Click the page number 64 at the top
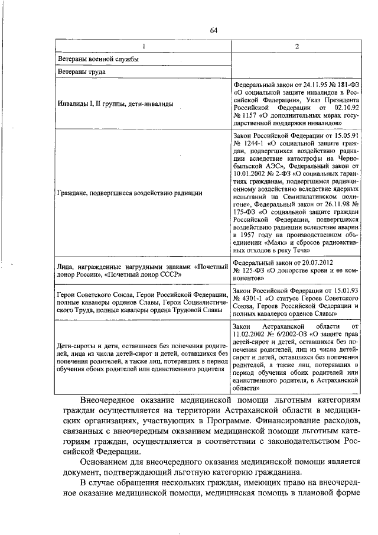tap(214, 31)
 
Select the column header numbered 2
tap(296, 46)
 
